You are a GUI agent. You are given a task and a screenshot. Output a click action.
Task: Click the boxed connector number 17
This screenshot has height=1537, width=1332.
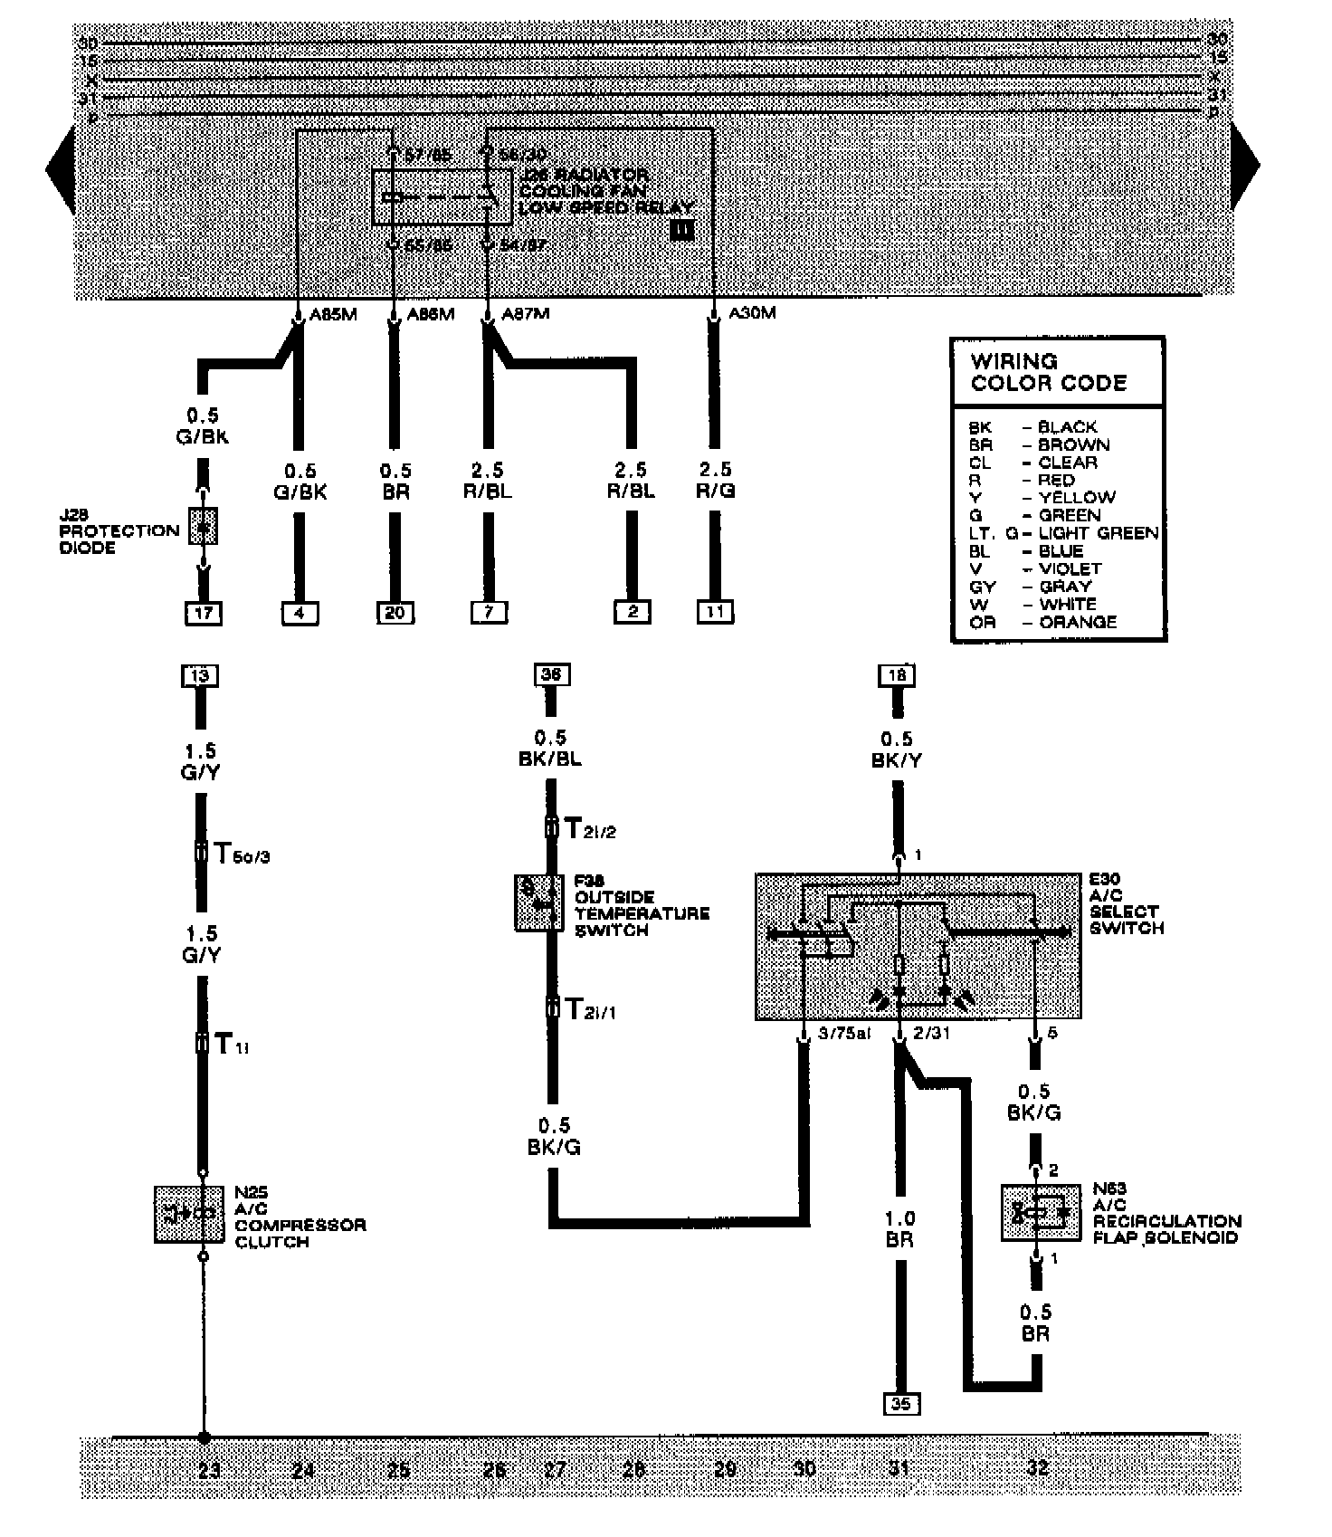[x=204, y=613]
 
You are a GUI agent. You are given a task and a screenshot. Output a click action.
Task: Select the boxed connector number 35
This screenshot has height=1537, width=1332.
[x=899, y=1404]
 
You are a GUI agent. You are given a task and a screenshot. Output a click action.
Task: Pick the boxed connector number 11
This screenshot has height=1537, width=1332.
[x=715, y=612]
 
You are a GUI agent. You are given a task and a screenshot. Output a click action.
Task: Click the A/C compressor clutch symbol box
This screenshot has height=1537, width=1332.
[x=189, y=1214]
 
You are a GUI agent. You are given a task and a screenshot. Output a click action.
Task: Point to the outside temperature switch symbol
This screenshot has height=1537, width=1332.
[x=539, y=902]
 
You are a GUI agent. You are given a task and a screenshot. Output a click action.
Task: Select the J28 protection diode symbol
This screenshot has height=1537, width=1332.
[x=204, y=526]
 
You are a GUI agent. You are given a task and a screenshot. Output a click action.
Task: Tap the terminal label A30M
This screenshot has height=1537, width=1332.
[x=752, y=314]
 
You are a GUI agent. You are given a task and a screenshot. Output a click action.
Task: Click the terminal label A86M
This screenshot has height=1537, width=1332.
[x=430, y=314]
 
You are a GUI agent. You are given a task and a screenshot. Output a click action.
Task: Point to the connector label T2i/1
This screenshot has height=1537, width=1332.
[x=590, y=1008]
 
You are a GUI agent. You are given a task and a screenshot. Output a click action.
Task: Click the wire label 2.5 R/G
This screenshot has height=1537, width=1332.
[x=715, y=481]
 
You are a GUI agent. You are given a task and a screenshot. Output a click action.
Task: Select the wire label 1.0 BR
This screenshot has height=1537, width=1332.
[x=899, y=1229]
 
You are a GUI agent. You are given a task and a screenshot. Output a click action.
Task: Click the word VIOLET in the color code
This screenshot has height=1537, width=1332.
[x=1070, y=568]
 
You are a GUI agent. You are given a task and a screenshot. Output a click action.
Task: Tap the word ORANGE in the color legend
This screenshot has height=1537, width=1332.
[x=1078, y=622]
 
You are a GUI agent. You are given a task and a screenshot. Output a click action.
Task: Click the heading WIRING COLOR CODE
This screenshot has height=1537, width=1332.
[x=1048, y=371]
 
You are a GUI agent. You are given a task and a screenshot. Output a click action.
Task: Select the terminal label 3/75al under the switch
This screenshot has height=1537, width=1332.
[x=842, y=1033]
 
